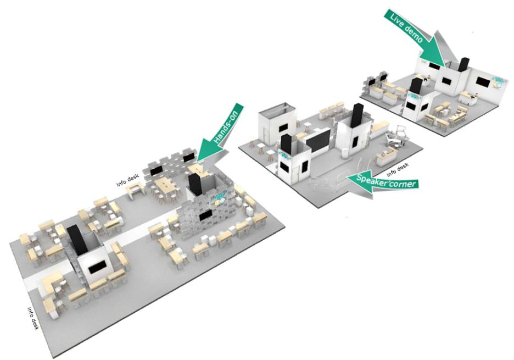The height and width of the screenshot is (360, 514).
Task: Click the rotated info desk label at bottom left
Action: tap(33, 319)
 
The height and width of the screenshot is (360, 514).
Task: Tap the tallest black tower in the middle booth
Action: tap(356, 117)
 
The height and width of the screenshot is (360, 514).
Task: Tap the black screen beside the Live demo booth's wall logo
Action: tap(483, 82)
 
